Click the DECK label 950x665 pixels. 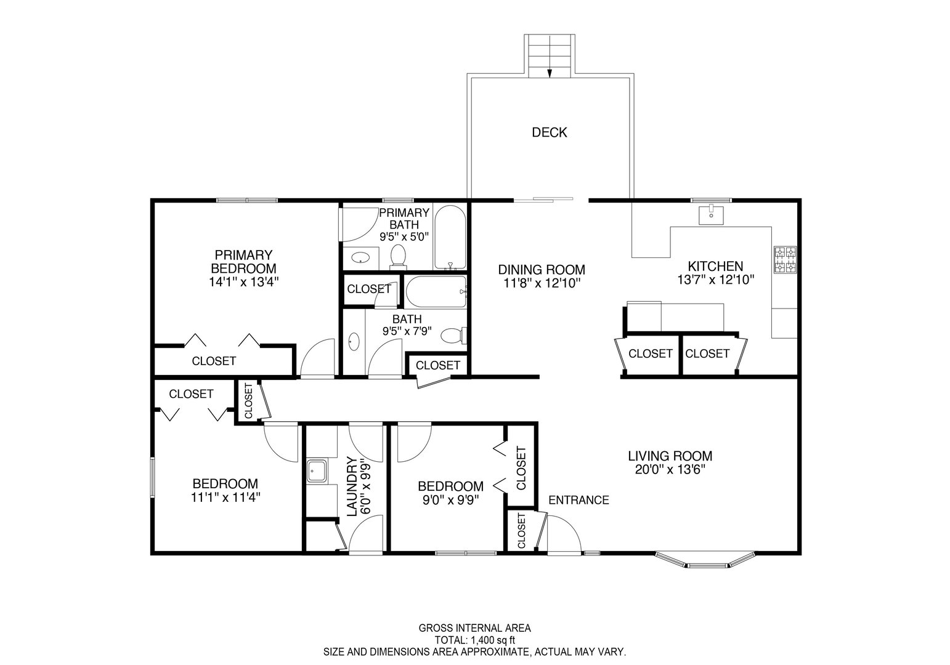549,132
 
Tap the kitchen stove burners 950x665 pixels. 786,260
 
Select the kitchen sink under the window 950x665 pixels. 711,214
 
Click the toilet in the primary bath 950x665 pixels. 398,257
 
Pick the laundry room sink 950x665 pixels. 317,471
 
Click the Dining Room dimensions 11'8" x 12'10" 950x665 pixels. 542,283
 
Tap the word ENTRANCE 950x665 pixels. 579,500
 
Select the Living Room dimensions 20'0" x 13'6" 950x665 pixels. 670,470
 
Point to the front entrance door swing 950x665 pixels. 564,534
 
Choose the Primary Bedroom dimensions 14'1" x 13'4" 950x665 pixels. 243,282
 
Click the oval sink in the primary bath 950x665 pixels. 360,257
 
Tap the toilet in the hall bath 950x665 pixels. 453,336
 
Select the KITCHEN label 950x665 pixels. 715,266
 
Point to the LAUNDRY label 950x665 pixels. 352,486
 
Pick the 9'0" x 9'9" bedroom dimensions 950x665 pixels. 450,500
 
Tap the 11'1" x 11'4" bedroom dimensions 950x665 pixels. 225,497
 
